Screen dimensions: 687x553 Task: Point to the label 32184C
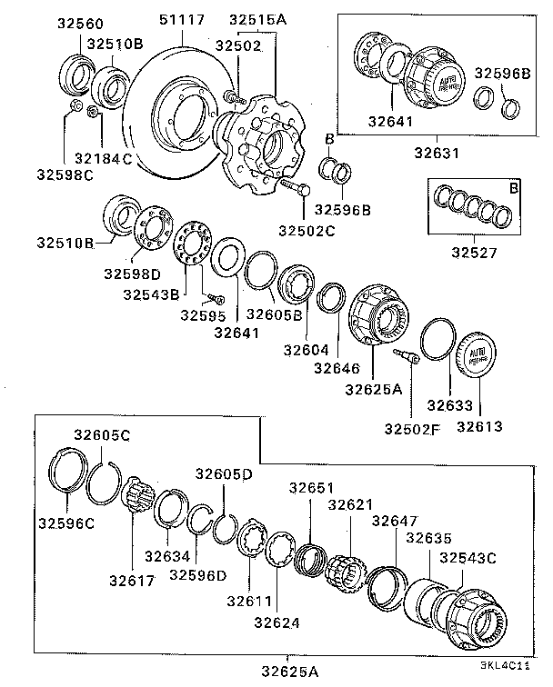pyautogui.click(x=103, y=158)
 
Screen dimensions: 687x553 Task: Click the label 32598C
pyautogui.click(x=65, y=174)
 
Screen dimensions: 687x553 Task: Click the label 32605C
pyautogui.click(x=101, y=436)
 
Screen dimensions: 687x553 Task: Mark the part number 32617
pyautogui.click(x=133, y=580)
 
